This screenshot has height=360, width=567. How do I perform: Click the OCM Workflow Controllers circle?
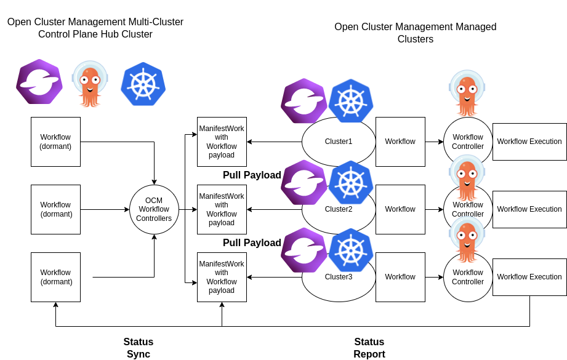(154, 209)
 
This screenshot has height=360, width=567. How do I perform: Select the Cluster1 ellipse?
(339, 148)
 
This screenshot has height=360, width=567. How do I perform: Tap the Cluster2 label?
(339, 209)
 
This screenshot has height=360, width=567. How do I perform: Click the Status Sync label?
(139, 348)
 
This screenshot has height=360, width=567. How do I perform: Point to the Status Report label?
(369, 348)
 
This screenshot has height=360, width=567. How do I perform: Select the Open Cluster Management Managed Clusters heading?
(416, 33)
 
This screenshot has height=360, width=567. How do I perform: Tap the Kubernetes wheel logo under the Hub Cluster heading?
(143, 85)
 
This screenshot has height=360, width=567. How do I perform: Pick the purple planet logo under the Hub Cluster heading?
(39, 81)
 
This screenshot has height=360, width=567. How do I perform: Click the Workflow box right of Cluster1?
(400, 142)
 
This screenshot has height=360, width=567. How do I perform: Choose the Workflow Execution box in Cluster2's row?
(529, 209)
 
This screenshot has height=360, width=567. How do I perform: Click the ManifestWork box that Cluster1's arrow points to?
(222, 142)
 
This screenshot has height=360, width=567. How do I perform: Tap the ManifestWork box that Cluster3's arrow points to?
(222, 277)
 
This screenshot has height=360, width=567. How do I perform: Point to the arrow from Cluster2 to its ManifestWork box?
(274, 209)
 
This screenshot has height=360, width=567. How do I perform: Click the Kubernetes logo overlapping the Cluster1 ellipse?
(351, 100)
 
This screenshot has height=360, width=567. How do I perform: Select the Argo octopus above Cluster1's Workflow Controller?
(467, 92)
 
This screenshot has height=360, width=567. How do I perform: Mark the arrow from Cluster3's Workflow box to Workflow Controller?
(434, 277)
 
